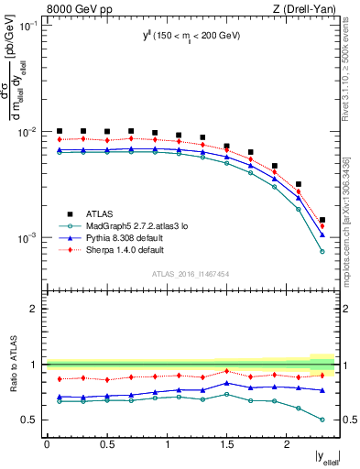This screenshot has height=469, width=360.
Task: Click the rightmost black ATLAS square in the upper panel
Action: pyautogui.click(x=322, y=220)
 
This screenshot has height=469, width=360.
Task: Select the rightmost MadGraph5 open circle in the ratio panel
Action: pyautogui.click(x=322, y=420)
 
